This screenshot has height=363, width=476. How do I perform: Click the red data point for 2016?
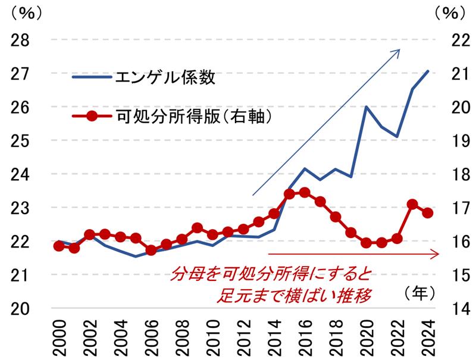pyautogui.click(x=305, y=192)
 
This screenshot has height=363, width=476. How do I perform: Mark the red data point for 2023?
pyautogui.click(x=412, y=204)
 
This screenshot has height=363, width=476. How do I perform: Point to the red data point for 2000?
pyautogui.click(x=59, y=246)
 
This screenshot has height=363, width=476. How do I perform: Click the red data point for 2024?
pyautogui.click(x=427, y=213)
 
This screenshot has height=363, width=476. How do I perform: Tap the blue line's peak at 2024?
pyautogui.click(x=428, y=71)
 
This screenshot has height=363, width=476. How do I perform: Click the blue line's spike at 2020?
pyautogui.click(x=366, y=107)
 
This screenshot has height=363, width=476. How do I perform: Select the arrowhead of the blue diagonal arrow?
pyautogui.click(x=399, y=50)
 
